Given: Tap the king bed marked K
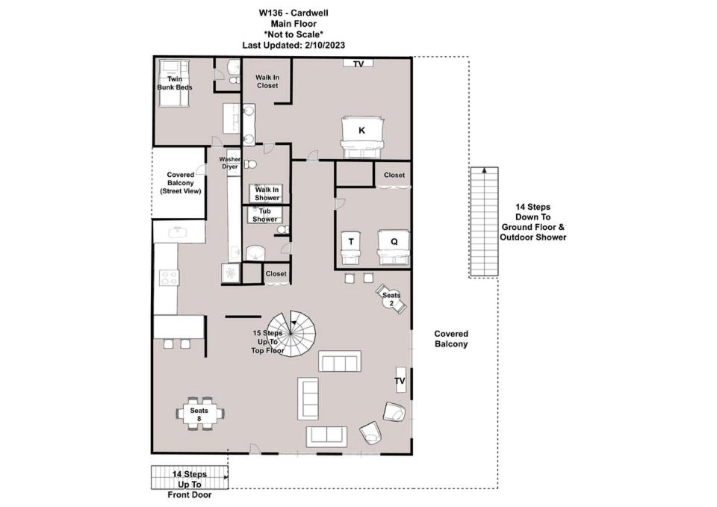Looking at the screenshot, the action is [361, 137].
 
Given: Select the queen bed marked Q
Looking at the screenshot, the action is [394, 247].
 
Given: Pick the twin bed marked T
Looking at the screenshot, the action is [351, 248].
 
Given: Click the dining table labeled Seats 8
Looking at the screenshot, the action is [199, 414].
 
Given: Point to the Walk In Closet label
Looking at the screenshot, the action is [267, 81].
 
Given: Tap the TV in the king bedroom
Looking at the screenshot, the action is [358, 63].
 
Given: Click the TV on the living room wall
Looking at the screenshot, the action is [400, 379].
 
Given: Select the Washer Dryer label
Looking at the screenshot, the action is [229, 163].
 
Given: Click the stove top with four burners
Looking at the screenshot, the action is [169, 278].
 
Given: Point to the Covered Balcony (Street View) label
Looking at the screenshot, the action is [181, 183].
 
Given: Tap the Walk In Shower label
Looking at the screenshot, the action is [267, 194].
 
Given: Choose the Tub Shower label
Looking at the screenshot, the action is [264, 215].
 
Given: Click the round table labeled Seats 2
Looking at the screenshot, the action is [391, 299].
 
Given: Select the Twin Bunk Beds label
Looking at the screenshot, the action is [175, 83].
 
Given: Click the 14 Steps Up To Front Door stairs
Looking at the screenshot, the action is [189, 477].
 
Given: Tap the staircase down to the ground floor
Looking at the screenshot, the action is [484, 223].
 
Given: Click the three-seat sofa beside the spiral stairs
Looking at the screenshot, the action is [340, 361].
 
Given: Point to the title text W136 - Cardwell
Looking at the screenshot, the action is [294, 13].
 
